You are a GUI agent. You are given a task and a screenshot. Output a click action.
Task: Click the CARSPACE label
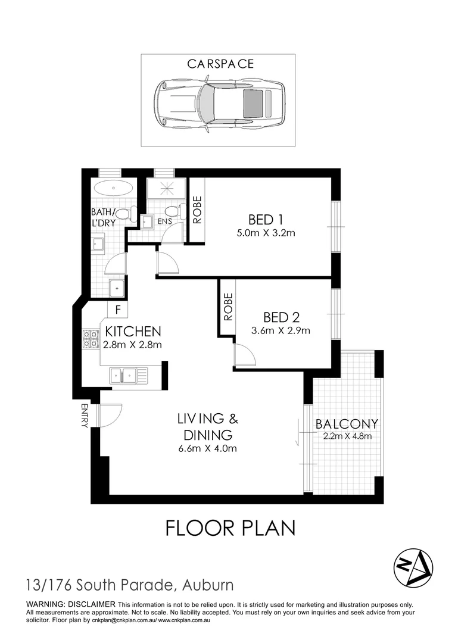(220, 64)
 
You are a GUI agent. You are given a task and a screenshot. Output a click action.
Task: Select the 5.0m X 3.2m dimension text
(266, 233)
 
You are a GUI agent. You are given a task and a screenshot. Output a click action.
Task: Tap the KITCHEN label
(133, 331)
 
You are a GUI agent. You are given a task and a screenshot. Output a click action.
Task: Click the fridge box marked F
(118, 310)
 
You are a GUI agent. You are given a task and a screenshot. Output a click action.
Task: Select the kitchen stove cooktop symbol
(91, 339)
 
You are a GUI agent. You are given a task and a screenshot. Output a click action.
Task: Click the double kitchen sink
(123, 376)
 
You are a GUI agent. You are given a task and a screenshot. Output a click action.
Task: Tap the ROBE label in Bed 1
(197, 210)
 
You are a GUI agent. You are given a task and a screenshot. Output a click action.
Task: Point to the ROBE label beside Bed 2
(227, 307)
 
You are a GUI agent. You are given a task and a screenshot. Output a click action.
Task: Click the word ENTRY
(84, 416)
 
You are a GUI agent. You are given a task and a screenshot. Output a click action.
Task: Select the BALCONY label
(347, 424)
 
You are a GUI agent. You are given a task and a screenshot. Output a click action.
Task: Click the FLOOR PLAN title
(229, 528)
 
